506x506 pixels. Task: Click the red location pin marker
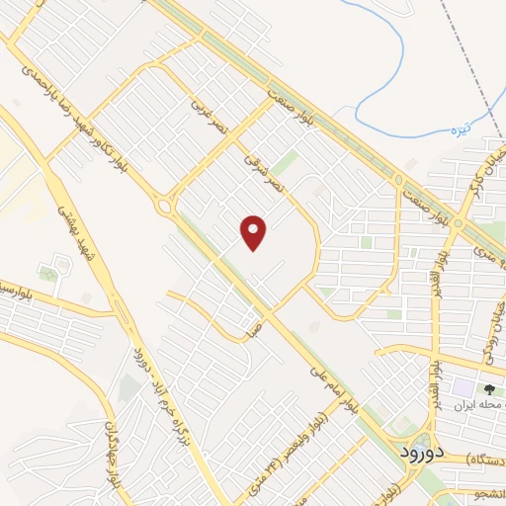pos(254,231)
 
